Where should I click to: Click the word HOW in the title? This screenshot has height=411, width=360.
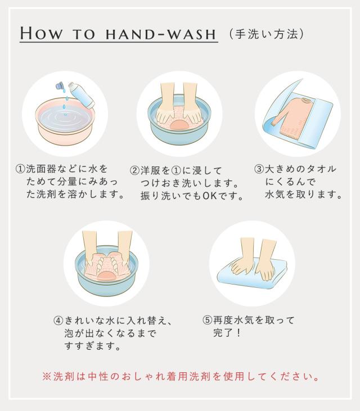[x=42, y=33]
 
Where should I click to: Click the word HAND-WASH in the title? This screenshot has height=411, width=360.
[x=161, y=34]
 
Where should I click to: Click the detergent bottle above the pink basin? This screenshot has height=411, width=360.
[x=82, y=94]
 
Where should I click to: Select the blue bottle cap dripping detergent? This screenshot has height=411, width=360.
[x=60, y=86]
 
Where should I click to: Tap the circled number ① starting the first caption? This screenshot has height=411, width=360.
[x=20, y=169]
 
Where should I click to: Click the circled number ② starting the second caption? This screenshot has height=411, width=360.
[x=134, y=170]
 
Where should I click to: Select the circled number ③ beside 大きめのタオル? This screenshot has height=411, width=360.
[x=259, y=169]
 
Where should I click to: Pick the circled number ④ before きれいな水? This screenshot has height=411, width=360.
[x=58, y=320]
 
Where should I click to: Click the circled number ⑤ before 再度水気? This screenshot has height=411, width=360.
[x=207, y=320]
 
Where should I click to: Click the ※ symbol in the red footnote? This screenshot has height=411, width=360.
[x=47, y=377]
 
